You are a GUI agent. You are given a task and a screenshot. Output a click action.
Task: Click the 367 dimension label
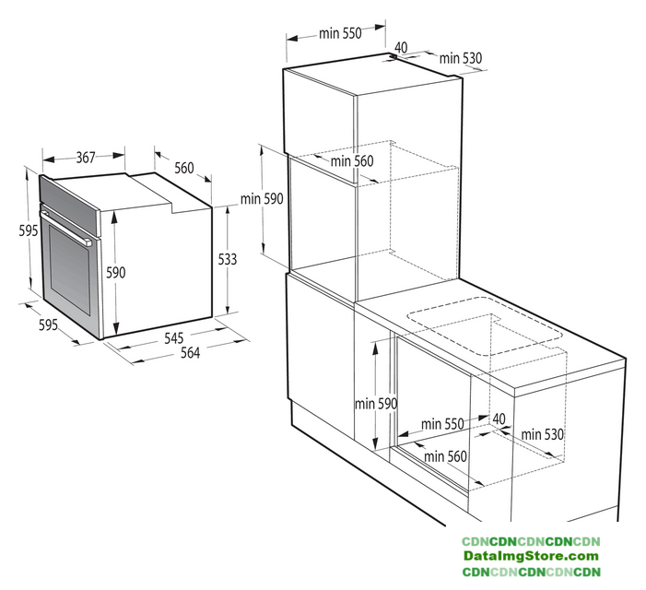[x=86, y=158]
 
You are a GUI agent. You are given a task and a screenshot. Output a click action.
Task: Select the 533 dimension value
[x=228, y=259]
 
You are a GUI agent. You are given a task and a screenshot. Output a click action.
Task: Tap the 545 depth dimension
[x=174, y=337]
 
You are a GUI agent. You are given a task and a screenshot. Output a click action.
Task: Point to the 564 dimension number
[x=191, y=353]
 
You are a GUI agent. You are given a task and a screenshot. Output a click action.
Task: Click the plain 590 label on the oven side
[x=116, y=272]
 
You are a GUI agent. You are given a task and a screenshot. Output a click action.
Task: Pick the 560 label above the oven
[x=183, y=168]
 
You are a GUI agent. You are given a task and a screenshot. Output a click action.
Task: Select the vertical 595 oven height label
[x=29, y=230]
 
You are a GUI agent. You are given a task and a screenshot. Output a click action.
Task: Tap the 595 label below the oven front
[x=48, y=324]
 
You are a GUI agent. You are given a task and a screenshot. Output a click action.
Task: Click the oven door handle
[x=66, y=228]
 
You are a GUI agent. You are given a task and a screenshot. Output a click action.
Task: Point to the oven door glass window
[x=70, y=271]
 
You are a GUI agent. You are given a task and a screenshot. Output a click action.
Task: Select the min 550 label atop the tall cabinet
[x=340, y=33]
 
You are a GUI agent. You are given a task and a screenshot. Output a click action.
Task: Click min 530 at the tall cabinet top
[x=460, y=58]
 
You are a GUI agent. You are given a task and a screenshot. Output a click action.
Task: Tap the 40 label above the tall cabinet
[x=401, y=47]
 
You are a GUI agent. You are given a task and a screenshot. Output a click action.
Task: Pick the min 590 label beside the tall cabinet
[x=262, y=198]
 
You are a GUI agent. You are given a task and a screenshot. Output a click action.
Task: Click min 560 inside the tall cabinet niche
[x=352, y=160]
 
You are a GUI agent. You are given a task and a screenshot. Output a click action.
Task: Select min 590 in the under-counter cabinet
[x=376, y=404]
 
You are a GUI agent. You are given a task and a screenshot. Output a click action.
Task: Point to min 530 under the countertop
[x=542, y=434]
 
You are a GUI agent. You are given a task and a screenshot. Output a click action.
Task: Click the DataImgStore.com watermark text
[x=531, y=556]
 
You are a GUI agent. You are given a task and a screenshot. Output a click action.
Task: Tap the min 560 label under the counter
[x=445, y=456]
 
